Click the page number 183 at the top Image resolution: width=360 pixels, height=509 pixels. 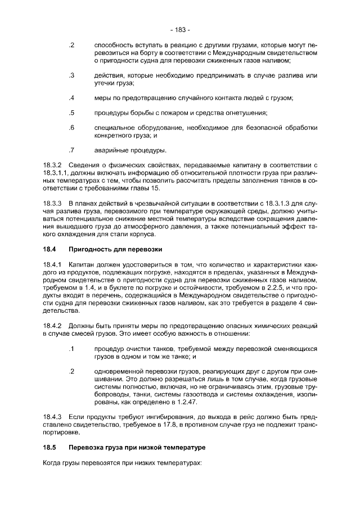click(179, 29)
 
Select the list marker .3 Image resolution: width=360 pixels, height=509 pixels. click(71, 75)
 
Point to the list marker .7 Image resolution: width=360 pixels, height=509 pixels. click(71, 150)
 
